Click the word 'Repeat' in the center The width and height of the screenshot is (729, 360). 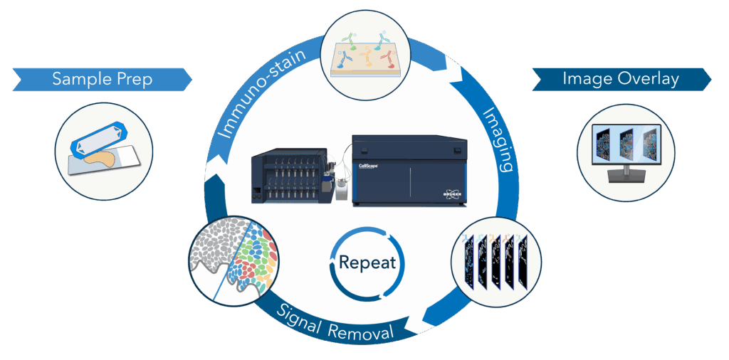367,263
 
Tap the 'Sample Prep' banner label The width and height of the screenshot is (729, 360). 102,78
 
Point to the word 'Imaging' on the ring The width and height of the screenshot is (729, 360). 498,139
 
